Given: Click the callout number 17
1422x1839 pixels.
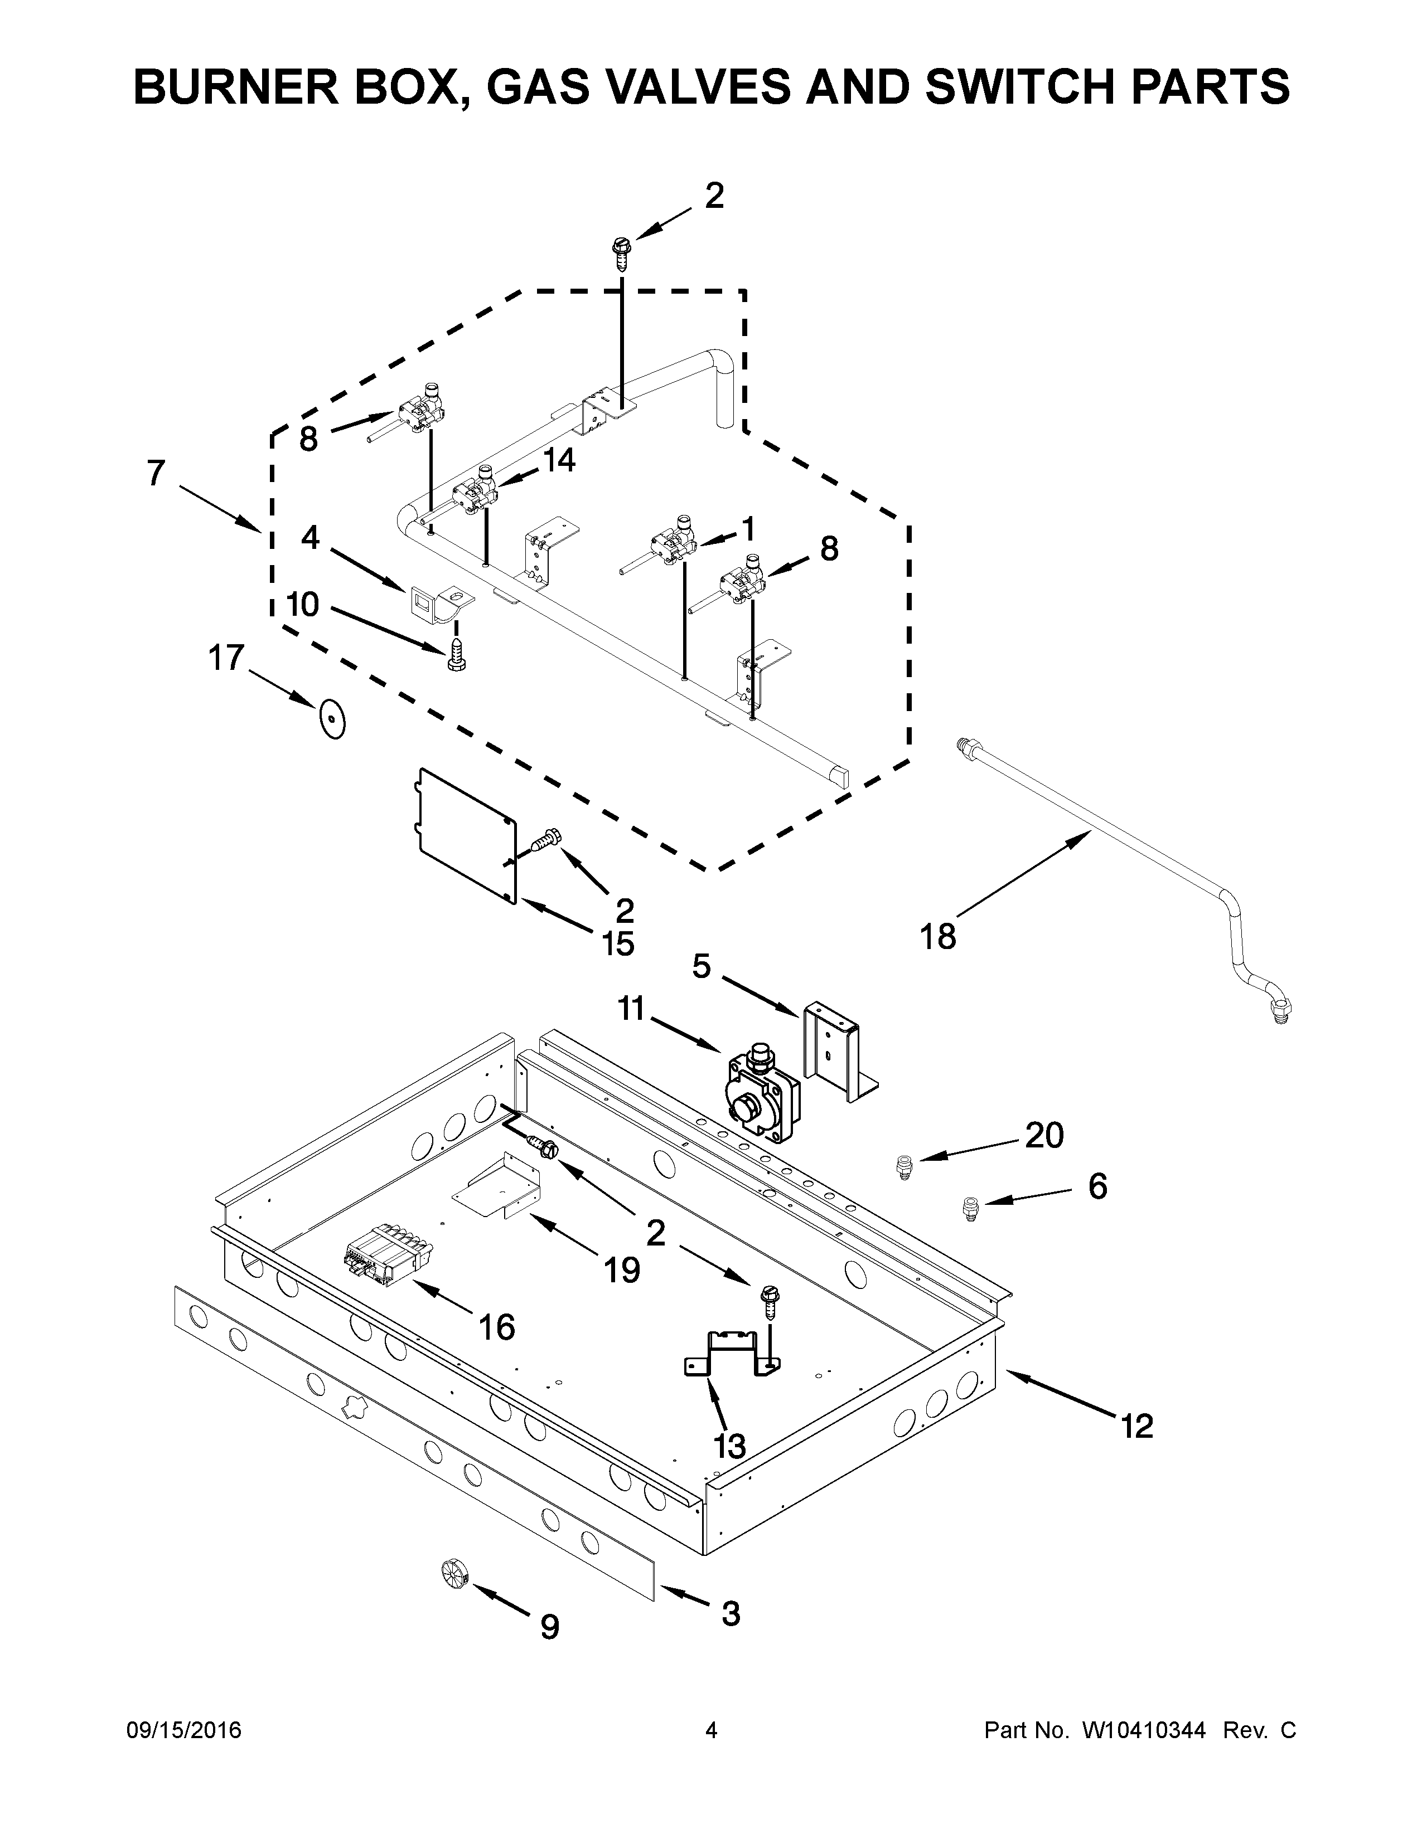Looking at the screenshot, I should tap(226, 658).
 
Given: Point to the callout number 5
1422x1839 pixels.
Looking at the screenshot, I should tap(702, 967).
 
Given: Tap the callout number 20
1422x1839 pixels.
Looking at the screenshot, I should tap(1044, 1135).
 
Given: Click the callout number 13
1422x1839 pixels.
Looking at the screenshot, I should tap(729, 1446).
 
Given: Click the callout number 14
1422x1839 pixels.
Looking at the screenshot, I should tap(559, 460).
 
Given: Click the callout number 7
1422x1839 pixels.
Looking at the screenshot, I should tap(156, 473).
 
